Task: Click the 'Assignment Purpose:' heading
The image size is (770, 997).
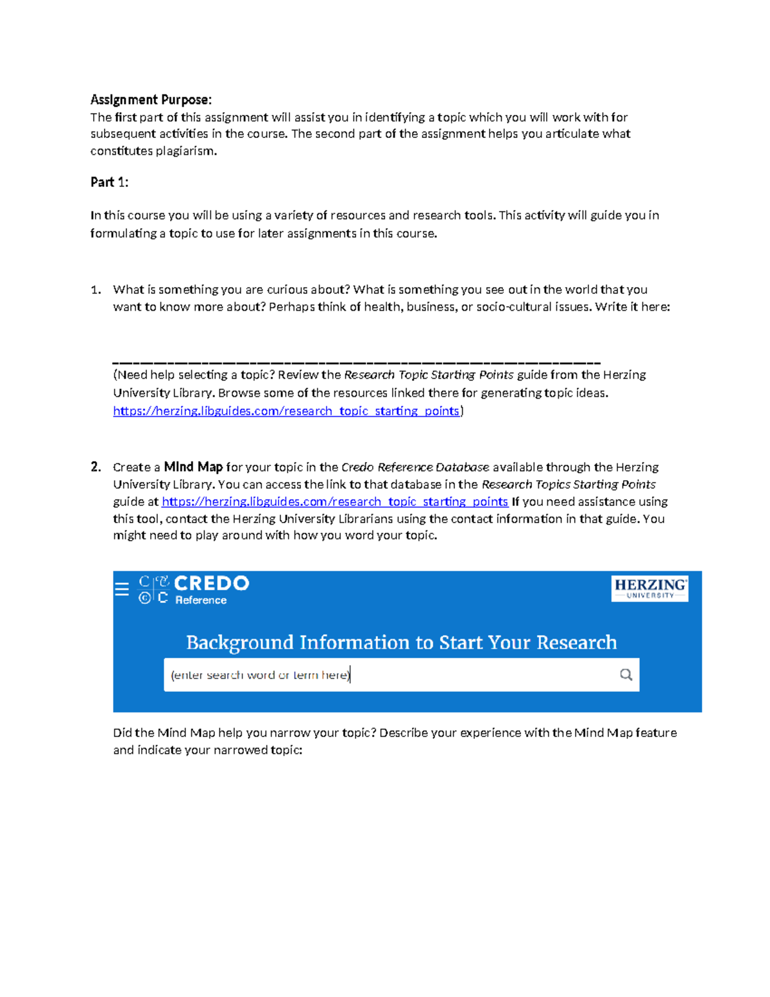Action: tap(150, 100)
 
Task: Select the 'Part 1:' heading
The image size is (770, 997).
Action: tap(109, 182)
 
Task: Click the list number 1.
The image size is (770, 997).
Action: tap(96, 290)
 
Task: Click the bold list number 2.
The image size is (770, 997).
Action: tap(96, 467)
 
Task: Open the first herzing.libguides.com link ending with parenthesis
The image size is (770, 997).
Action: tap(286, 411)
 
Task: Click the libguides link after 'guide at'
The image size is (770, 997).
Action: tap(334, 501)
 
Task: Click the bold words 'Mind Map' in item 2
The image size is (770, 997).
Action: tap(193, 467)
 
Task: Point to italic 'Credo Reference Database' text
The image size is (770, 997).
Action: tap(415, 467)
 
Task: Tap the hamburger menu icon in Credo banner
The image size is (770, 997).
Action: tap(122, 589)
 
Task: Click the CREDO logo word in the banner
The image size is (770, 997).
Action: tap(211, 583)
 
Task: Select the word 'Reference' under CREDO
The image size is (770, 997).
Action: tap(201, 600)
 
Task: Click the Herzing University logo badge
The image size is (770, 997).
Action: tap(649, 588)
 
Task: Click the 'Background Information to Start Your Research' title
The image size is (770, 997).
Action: tap(401, 642)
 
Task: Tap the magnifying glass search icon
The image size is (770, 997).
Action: tap(626, 675)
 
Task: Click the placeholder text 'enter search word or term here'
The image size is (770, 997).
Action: tap(260, 675)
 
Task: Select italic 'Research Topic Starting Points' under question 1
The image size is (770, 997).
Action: tap(429, 375)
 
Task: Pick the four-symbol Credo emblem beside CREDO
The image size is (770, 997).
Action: tap(153, 589)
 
